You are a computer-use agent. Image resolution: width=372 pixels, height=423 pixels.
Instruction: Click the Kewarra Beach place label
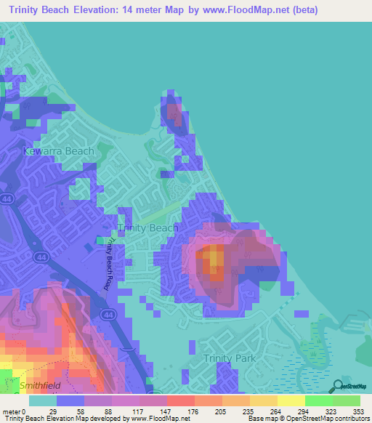pos(59,151)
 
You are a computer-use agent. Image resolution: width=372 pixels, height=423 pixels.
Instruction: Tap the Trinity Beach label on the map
pos(147,227)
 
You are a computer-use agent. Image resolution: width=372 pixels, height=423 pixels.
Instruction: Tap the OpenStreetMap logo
pos(349,387)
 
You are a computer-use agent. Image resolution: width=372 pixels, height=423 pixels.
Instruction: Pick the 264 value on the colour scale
pos(255,411)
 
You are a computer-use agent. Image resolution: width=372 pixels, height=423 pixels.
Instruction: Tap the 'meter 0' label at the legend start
pos(14,411)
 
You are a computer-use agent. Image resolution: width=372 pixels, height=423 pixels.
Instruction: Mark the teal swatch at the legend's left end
pos(42,400)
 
